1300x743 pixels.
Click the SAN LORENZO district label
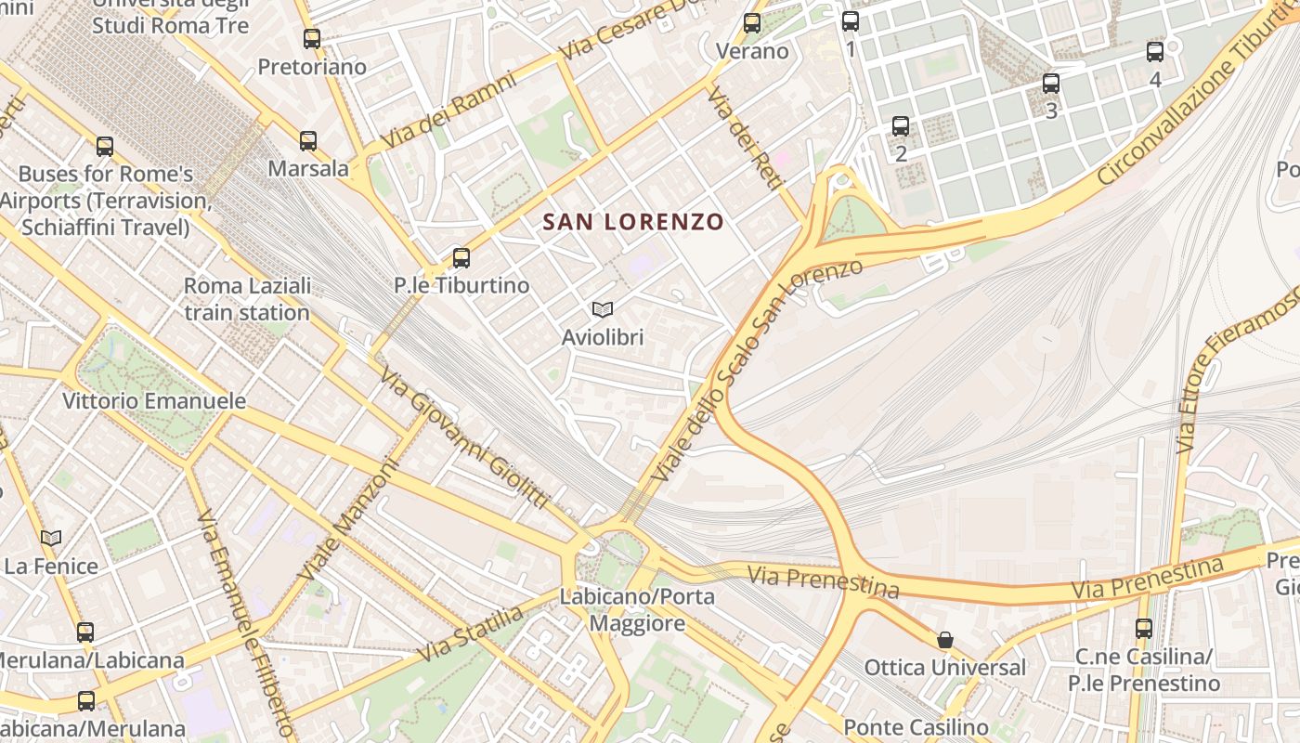(632, 222)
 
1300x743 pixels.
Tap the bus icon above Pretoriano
(312, 39)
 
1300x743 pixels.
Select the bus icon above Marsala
(308, 141)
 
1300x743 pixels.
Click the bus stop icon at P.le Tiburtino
(461, 258)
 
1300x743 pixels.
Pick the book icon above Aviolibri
(602, 309)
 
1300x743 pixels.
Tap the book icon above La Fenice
(51, 538)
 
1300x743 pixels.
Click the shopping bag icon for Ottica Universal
(945, 640)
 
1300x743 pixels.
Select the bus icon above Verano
(752, 23)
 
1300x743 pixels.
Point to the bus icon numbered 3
(1051, 84)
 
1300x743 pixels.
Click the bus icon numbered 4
(1155, 52)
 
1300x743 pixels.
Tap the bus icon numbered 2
(901, 126)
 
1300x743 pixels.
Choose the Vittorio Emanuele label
(154, 401)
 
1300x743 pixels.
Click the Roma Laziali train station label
(247, 299)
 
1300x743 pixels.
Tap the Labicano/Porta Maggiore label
(637, 609)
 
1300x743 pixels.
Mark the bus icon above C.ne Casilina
(1144, 629)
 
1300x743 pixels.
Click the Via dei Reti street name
(743, 139)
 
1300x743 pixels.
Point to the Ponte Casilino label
(916, 726)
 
